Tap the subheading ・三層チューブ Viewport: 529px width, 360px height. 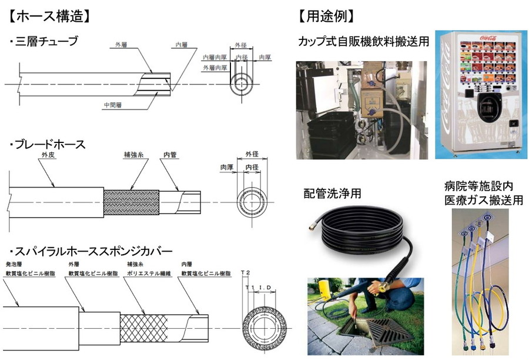pyautogui.click(x=44, y=42)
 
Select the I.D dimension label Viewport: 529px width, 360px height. pyautogui.click(x=262, y=289)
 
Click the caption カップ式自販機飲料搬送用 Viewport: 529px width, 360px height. pyautogui.click(x=363, y=42)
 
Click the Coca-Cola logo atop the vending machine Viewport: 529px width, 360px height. pyautogui.click(x=475, y=36)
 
